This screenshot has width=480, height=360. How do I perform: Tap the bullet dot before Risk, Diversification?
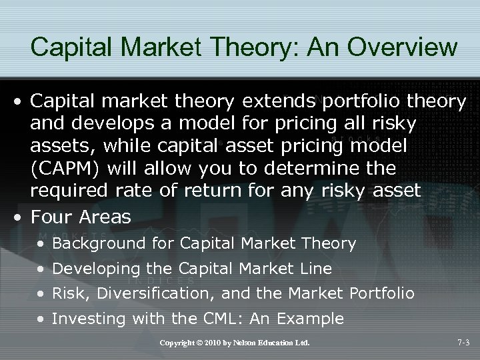42,294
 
